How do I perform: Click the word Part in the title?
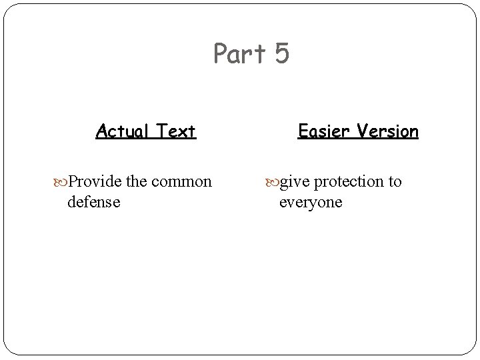click(x=239, y=54)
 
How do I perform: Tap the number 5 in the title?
click(x=281, y=54)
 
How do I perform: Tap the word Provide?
click(x=95, y=181)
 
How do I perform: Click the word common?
click(x=181, y=181)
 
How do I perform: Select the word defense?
click(x=94, y=201)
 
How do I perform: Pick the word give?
click(x=295, y=181)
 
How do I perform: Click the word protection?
click(x=348, y=182)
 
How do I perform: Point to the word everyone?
click(x=310, y=202)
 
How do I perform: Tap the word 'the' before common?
click(x=136, y=181)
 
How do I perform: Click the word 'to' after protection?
click(x=395, y=181)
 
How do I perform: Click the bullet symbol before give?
click(x=273, y=181)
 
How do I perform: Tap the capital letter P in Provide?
click(x=73, y=181)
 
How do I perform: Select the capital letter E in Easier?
click(x=303, y=131)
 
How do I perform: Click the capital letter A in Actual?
click(x=101, y=131)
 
